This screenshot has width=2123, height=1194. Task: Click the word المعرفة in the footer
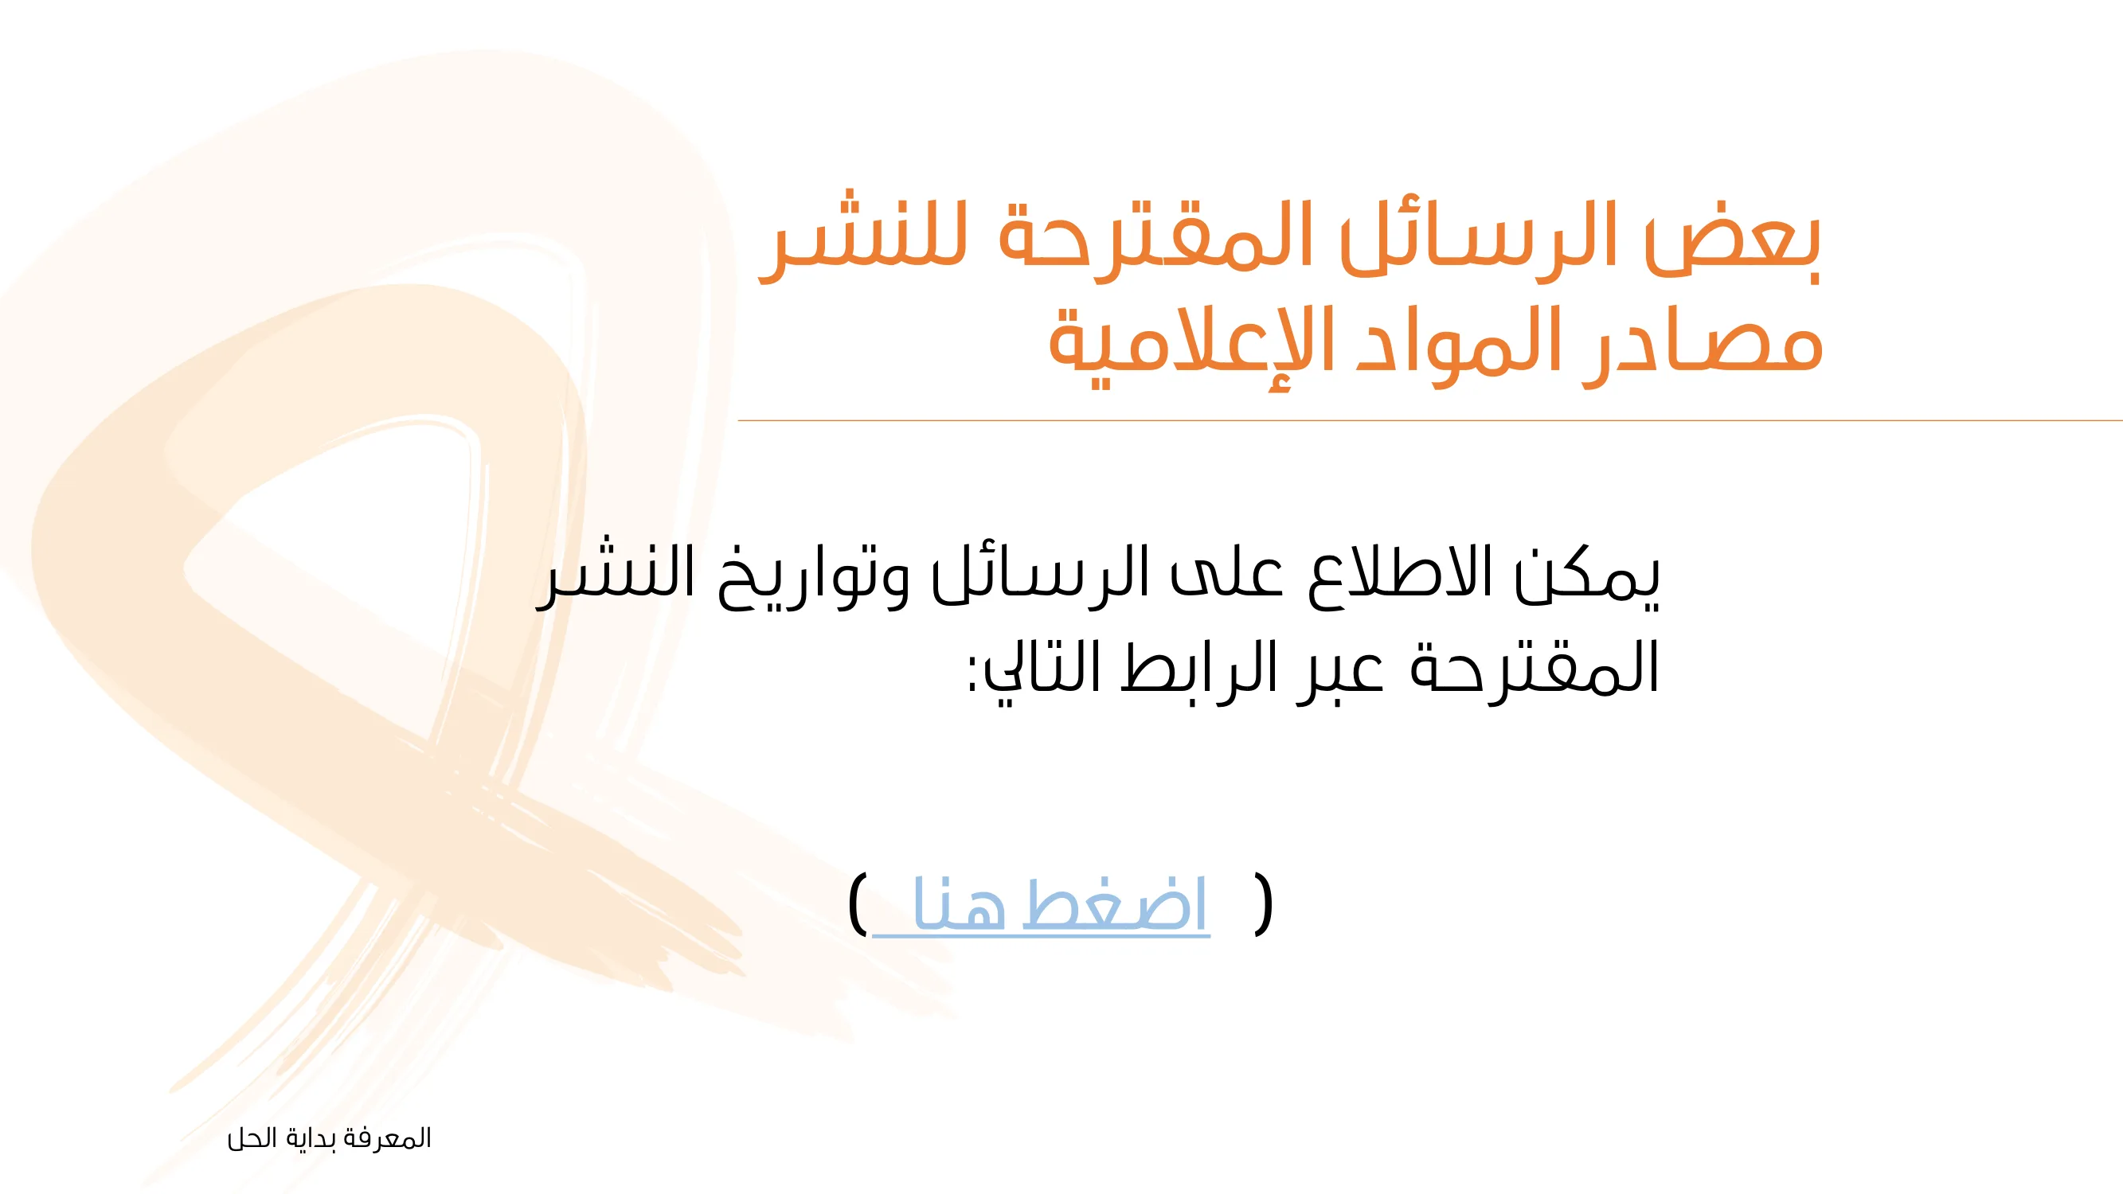(x=387, y=1139)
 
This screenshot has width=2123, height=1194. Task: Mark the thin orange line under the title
(x=1430, y=420)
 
